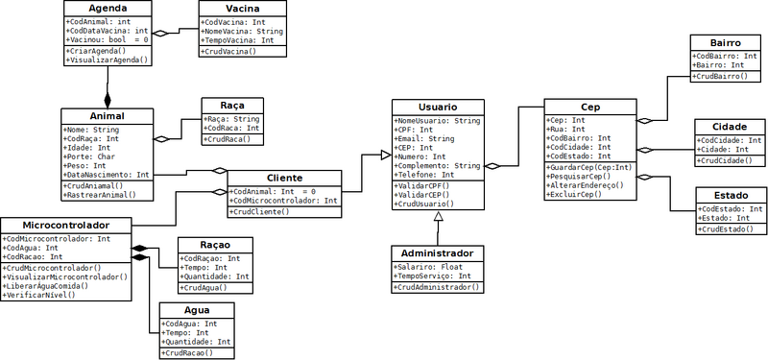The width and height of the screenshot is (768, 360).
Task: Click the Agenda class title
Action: point(108,9)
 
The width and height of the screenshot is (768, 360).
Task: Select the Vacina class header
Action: point(243,9)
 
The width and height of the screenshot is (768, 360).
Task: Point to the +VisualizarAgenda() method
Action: point(108,60)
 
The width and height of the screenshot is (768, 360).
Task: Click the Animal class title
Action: point(108,116)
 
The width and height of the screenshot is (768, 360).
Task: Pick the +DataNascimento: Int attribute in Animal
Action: point(106,175)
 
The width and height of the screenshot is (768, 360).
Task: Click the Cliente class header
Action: point(284,178)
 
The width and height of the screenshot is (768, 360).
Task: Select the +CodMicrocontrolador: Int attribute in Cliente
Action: point(284,201)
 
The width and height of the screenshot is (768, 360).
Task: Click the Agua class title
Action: point(196,311)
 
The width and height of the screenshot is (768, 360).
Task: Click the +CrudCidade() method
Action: point(723,160)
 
